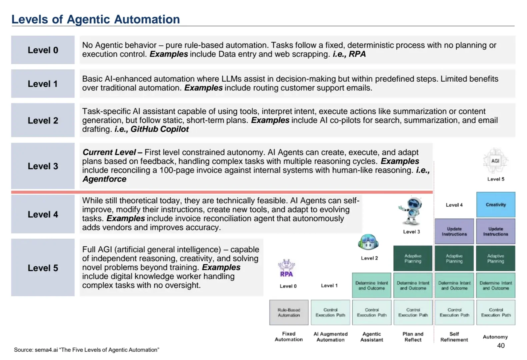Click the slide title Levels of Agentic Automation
[x=96, y=19]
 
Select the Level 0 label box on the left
[x=43, y=50]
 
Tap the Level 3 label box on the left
[x=43, y=166]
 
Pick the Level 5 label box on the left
[x=43, y=268]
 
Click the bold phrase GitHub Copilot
[x=159, y=129]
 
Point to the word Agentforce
[x=104, y=179]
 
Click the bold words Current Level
[x=109, y=152]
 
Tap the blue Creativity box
[x=495, y=205]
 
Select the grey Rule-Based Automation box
[x=289, y=312]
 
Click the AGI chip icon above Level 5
[x=495, y=161]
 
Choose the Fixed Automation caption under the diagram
[x=289, y=337]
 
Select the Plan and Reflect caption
[x=413, y=337]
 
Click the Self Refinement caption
[x=454, y=337]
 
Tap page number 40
[x=501, y=346]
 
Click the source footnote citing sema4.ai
[x=87, y=350]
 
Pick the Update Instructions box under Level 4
[x=454, y=231]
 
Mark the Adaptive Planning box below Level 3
[x=413, y=258]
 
